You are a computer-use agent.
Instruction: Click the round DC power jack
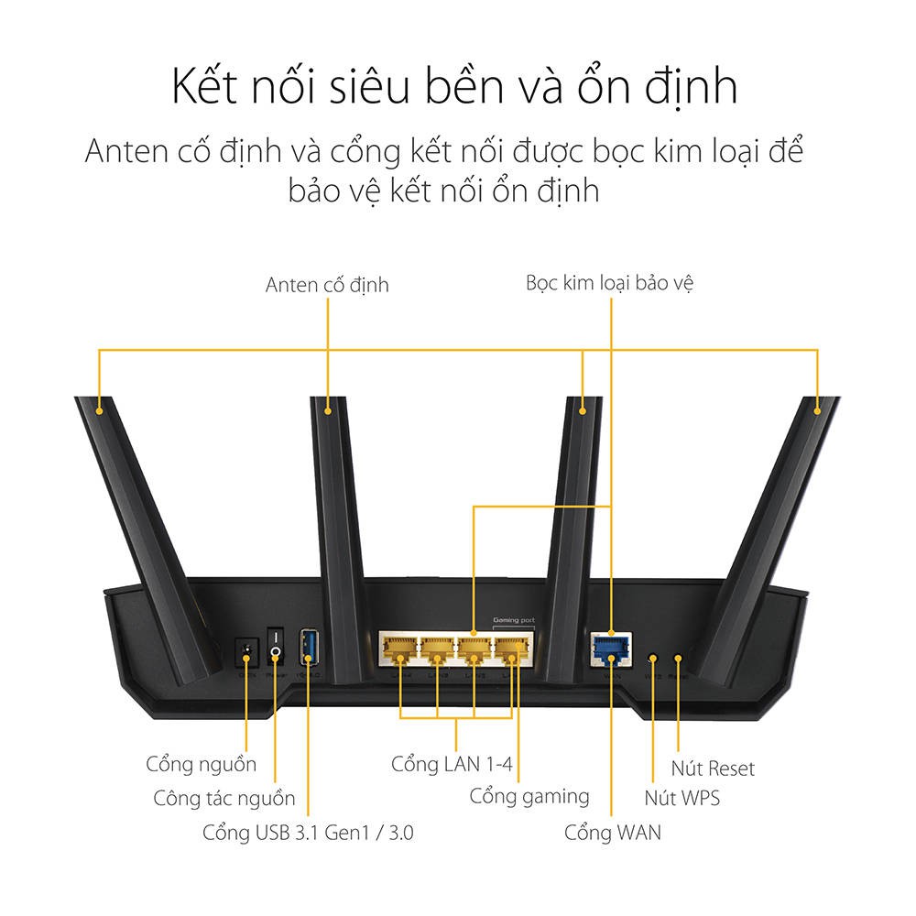[x=245, y=652]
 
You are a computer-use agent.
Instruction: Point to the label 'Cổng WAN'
[x=612, y=833]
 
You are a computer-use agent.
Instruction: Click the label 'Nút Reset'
[x=713, y=768]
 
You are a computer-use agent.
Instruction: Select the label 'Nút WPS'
[x=682, y=798]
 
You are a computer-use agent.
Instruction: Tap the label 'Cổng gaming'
[x=529, y=796]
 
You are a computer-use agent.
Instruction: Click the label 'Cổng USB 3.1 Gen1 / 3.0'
[x=314, y=833]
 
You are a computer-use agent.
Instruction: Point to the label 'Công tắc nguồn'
[x=224, y=798]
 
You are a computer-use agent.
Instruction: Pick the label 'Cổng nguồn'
[x=202, y=763]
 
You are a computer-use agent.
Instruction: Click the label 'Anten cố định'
[x=327, y=285]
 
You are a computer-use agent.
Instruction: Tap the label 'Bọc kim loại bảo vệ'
[x=609, y=282]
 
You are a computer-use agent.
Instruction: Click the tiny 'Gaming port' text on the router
[x=513, y=621]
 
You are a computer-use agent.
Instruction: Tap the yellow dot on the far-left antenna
[x=98, y=411]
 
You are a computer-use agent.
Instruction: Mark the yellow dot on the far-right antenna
[x=818, y=411]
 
